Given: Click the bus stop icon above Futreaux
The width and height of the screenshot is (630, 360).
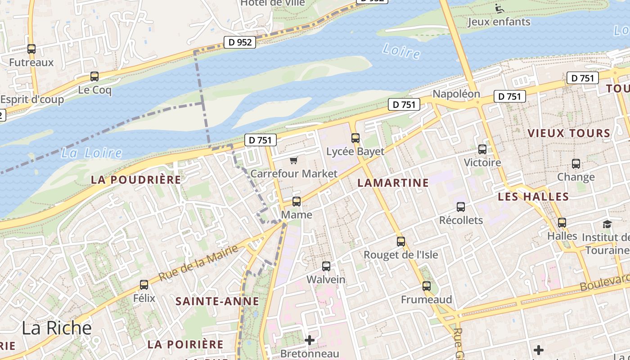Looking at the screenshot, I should pyautogui.click(x=31, y=49).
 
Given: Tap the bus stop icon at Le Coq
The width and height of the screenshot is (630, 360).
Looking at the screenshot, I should pyautogui.click(x=94, y=76).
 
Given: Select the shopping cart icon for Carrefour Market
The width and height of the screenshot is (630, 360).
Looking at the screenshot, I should pyautogui.click(x=294, y=160).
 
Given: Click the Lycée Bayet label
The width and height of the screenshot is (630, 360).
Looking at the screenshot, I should pyautogui.click(x=355, y=152).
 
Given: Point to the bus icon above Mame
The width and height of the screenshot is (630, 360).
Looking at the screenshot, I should pyautogui.click(x=296, y=201).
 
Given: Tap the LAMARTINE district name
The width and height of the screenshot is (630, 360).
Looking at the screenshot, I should pyautogui.click(x=393, y=183).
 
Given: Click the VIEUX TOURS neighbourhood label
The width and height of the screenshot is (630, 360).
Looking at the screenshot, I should pyautogui.click(x=569, y=133).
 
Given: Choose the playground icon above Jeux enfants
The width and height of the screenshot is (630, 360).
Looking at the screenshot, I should pyautogui.click(x=499, y=8).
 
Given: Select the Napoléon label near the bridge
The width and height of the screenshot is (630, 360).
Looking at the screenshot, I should pyautogui.click(x=456, y=94).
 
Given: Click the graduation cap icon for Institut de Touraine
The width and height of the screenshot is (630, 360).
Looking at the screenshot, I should pyautogui.click(x=607, y=224).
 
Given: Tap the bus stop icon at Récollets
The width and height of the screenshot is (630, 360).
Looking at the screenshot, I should pyautogui.click(x=460, y=207).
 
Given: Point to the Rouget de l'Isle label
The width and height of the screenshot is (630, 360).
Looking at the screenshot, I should pyautogui.click(x=400, y=255).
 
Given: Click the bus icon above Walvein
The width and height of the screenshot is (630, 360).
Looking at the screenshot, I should pyautogui.click(x=326, y=266).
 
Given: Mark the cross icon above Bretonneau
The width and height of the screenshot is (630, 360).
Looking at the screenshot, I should pyautogui.click(x=310, y=340).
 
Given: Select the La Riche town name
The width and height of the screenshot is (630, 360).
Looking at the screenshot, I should pyautogui.click(x=57, y=328).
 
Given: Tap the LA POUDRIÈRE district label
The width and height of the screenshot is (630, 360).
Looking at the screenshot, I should pyautogui.click(x=136, y=180).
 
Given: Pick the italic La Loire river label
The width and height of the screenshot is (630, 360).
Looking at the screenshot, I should pyautogui.click(x=91, y=153).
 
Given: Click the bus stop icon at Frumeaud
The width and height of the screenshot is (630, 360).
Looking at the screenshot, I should pyautogui.click(x=426, y=286).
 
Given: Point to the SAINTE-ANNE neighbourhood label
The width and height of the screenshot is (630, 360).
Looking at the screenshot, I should pyautogui.click(x=217, y=301).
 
